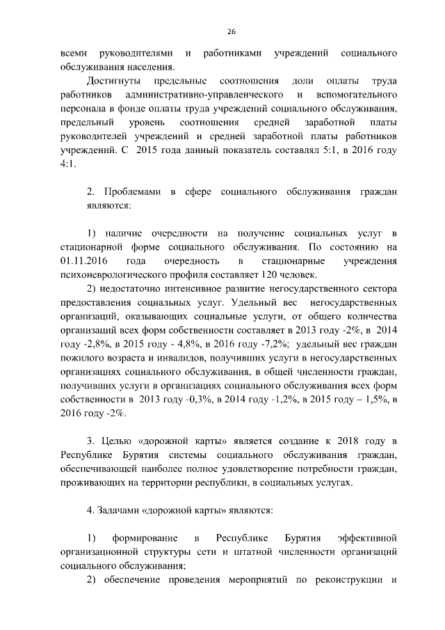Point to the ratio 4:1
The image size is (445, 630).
[x=70, y=164]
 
